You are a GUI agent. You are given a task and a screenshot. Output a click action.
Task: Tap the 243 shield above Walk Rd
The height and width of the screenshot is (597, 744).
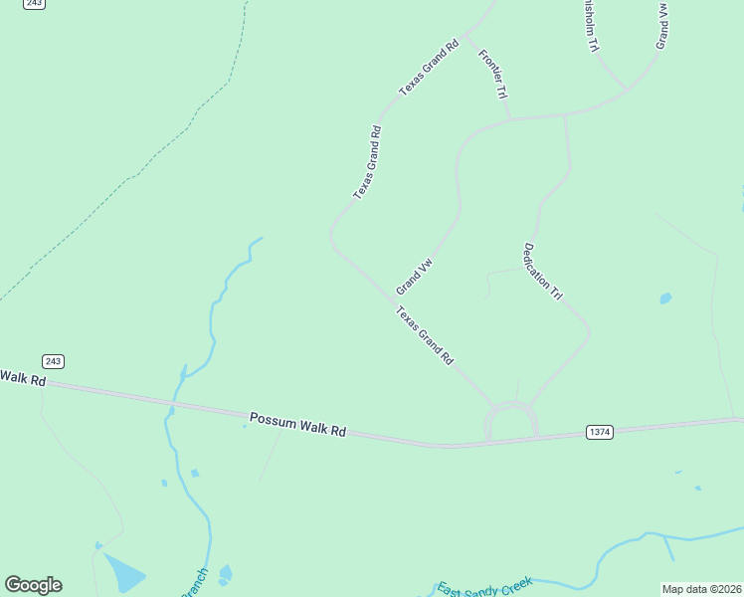pyautogui.click(x=54, y=360)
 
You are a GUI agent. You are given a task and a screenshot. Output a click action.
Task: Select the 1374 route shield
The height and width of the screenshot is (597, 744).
pyautogui.click(x=600, y=432)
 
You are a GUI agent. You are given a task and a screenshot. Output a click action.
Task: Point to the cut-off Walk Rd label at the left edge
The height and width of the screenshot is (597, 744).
pyautogui.click(x=22, y=378)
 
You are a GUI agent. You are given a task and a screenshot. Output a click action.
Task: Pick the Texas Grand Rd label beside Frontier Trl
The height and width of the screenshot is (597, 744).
pyautogui.click(x=429, y=68)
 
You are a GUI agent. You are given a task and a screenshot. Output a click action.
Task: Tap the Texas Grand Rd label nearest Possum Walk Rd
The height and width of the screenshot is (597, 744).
pyautogui.click(x=425, y=334)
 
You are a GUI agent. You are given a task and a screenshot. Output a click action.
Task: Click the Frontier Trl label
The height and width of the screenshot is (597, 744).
pyautogui.click(x=493, y=75)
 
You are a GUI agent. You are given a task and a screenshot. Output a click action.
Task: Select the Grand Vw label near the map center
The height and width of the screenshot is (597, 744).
pyautogui.click(x=415, y=277)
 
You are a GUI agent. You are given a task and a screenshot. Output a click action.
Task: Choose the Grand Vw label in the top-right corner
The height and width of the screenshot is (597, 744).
pyautogui.click(x=661, y=24)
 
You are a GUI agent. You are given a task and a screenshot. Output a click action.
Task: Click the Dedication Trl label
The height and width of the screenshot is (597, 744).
pyautogui.click(x=543, y=272)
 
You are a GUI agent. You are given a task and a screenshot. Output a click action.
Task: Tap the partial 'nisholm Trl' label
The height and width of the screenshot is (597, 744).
pyautogui.click(x=591, y=26)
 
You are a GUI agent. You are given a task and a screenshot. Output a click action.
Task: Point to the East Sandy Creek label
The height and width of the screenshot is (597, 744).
pyautogui.click(x=485, y=586)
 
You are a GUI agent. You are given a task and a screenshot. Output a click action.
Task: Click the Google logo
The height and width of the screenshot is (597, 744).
pyautogui.click(x=33, y=585)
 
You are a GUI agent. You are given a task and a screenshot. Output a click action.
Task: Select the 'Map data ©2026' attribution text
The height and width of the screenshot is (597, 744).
pyautogui.click(x=701, y=589)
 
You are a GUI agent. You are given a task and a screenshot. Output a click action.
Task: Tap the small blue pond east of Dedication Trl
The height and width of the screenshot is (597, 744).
pyautogui.click(x=664, y=298)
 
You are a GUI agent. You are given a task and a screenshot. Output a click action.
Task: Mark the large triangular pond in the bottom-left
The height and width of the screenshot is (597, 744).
pyautogui.click(x=122, y=572)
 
